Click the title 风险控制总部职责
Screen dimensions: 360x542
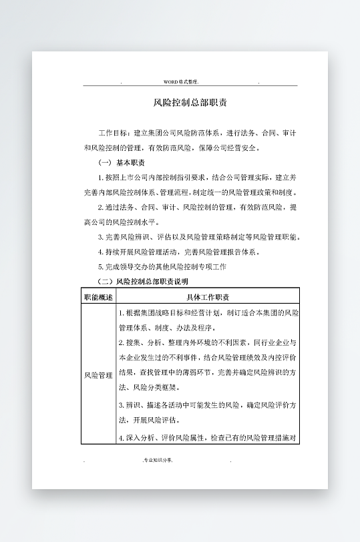190,103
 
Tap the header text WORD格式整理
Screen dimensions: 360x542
181,81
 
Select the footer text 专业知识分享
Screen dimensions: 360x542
158,460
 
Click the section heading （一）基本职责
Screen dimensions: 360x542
122,163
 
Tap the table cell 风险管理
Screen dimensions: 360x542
98,376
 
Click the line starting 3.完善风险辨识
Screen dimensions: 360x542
199,237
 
